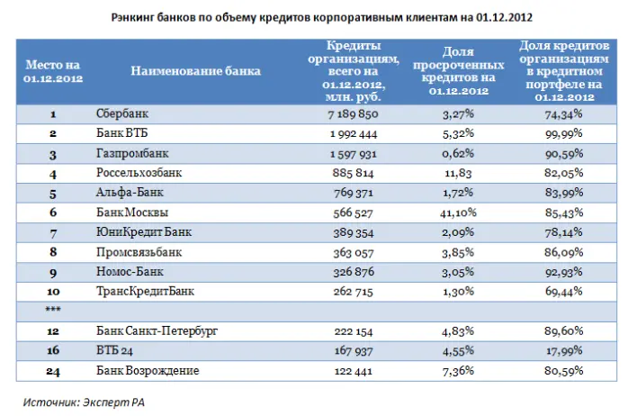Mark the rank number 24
tap(53, 370)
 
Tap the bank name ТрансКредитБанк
tap(144, 292)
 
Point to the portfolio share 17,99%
tap(562, 350)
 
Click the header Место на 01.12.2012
tap(53, 70)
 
